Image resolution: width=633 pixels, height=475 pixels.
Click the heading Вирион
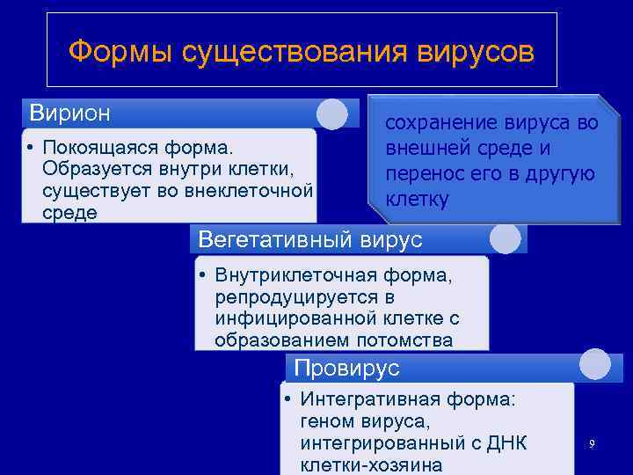coord(70,113)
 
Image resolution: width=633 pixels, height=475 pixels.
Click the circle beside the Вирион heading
coord(331,113)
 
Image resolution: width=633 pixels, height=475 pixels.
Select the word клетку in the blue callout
coord(417,200)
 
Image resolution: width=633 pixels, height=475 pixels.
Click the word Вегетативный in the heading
coord(277,239)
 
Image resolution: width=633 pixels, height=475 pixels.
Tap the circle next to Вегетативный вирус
coord(505,238)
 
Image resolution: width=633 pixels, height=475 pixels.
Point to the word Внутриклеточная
coord(289,276)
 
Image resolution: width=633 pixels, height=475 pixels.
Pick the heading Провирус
coord(346,368)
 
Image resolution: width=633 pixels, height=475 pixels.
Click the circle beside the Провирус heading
coord(594,365)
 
